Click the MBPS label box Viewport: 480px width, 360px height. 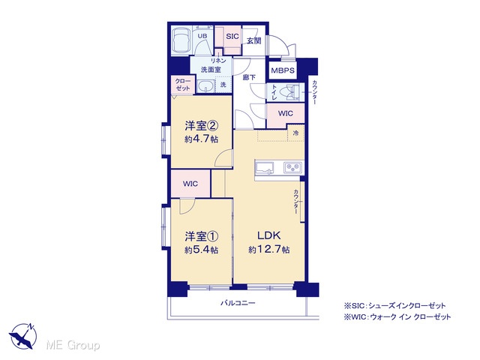tap(283, 70)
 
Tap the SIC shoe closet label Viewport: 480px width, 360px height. tap(232, 36)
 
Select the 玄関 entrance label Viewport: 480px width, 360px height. tap(253, 40)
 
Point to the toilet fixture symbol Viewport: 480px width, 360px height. tap(290, 92)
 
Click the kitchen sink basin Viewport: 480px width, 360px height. tap(265, 168)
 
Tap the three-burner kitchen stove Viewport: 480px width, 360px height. tap(292, 167)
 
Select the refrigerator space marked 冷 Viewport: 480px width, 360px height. tap(295, 133)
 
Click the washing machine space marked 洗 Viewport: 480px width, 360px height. tap(223, 85)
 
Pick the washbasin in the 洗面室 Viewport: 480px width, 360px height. tap(205, 86)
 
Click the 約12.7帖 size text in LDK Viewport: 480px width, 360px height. tap(269, 250)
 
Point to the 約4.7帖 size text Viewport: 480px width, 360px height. tap(202, 139)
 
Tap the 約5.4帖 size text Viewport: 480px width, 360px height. tap(202, 250)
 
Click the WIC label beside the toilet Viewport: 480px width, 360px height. tap(285, 113)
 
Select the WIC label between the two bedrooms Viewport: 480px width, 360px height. tap(190, 184)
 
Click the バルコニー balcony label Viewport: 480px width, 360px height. tap(238, 303)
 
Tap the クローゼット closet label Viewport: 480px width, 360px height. tap(183, 85)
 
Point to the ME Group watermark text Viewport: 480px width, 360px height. tap(73, 345)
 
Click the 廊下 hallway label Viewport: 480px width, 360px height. tap(249, 77)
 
